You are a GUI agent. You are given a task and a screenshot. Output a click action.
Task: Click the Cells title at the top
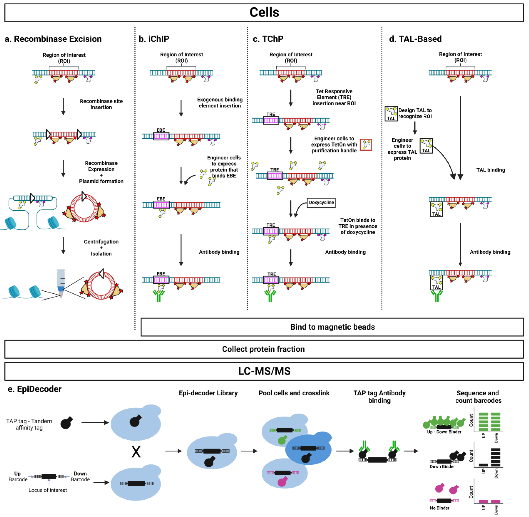point(264,12)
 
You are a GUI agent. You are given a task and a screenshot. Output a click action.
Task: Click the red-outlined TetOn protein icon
point(366,145)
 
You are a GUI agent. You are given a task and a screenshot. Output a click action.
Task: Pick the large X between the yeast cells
point(136,452)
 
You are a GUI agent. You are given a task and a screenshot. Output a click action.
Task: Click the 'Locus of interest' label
point(48,490)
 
